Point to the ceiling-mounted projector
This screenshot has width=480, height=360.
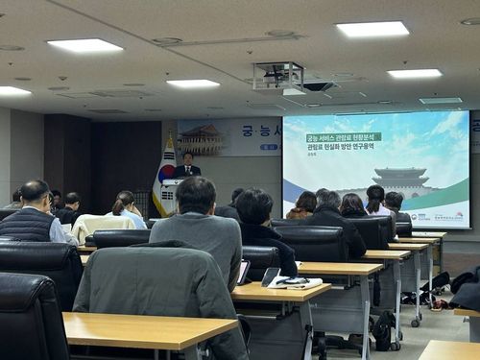279,77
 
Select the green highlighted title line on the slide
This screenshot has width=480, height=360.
344,137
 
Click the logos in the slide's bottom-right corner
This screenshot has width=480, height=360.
446,216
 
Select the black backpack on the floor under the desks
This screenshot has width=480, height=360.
384,330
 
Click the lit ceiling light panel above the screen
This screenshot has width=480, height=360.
372,30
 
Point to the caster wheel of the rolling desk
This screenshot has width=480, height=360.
417,323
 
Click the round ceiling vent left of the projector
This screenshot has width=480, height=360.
167,41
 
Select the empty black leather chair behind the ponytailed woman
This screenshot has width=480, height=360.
119,238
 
